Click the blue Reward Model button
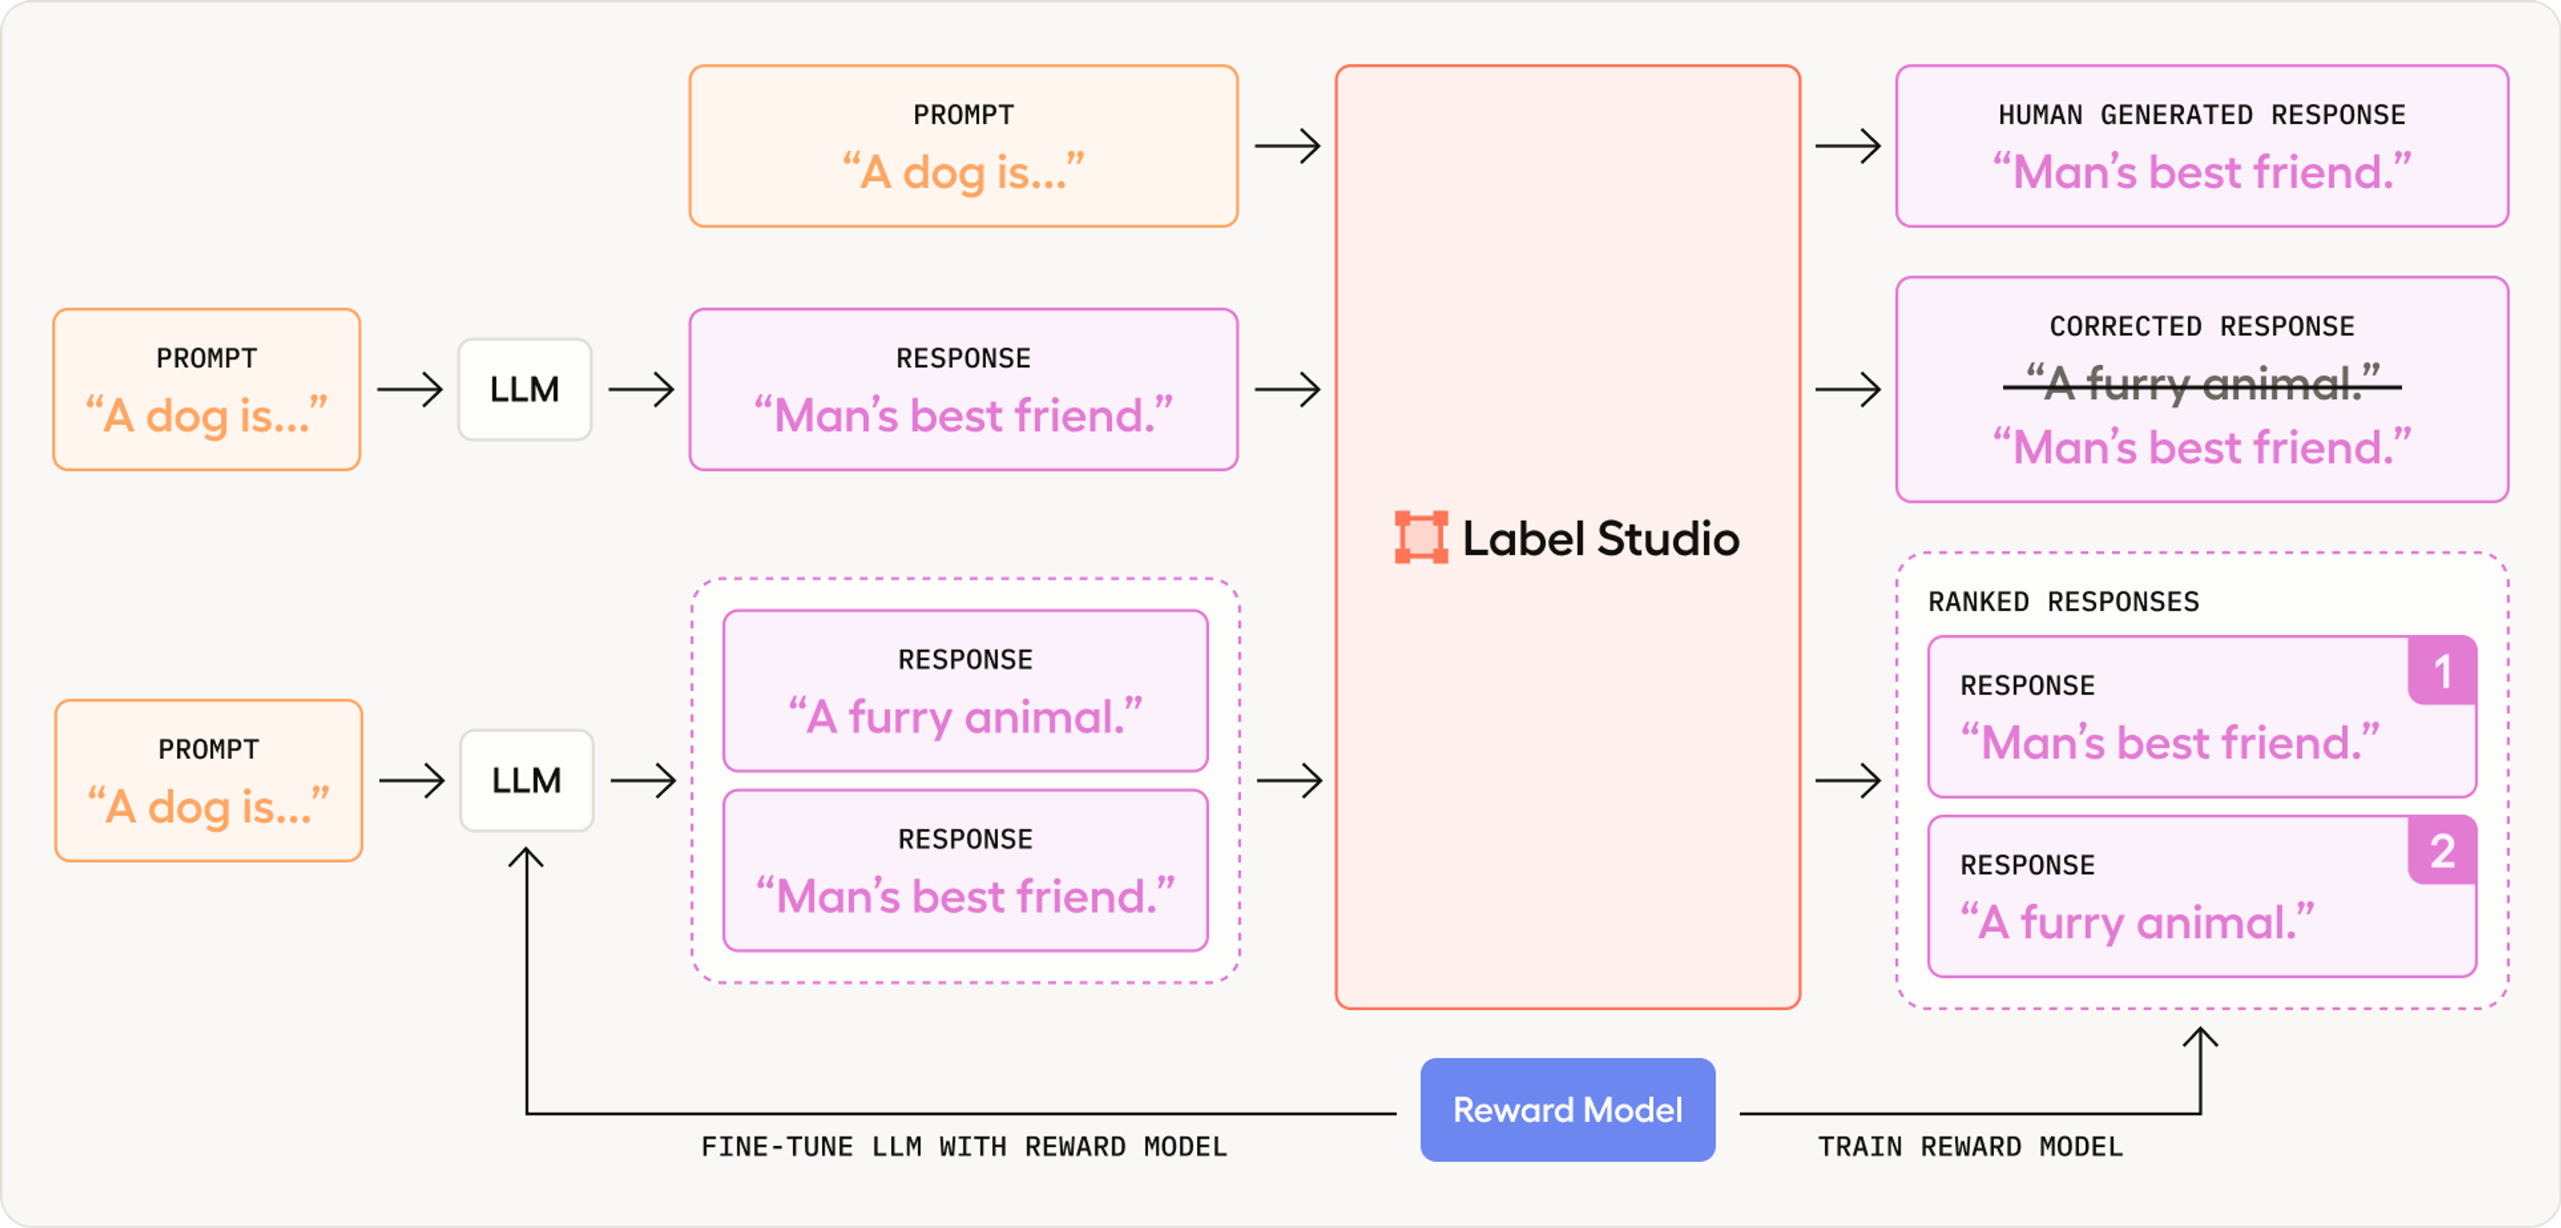point(1567,1110)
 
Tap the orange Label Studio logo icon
point(1421,537)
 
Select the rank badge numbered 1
point(2442,671)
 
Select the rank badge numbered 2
point(2442,851)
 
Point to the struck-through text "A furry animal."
point(2201,384)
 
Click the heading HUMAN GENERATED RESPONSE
point(2201,115)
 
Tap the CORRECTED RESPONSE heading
point(2201,326)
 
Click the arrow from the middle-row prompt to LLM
point(410,390)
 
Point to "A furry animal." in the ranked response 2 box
point(2137,923)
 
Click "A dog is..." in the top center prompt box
point(963,173)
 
